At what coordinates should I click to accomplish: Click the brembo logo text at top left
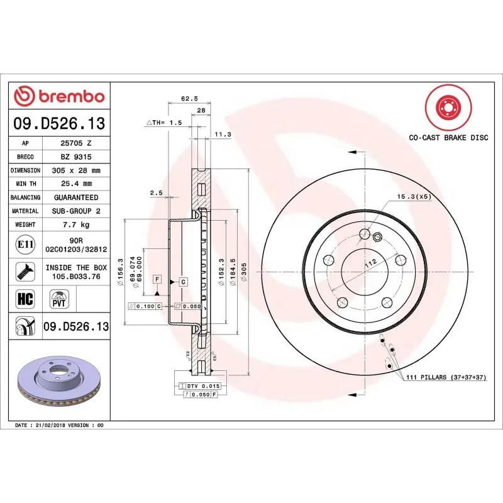tap(59, 96)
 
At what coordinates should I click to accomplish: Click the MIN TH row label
tap(25, 184)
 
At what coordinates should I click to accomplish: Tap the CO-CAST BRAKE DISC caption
tap(448, 137)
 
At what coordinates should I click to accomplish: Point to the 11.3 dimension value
tap(223, 135)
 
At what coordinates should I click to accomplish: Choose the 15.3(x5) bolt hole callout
tap(413, 197)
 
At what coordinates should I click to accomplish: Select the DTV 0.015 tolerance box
tap(202, 385)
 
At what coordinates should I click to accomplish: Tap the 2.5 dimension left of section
tap(156, 193)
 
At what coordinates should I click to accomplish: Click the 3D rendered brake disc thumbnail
tap(60, 381)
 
